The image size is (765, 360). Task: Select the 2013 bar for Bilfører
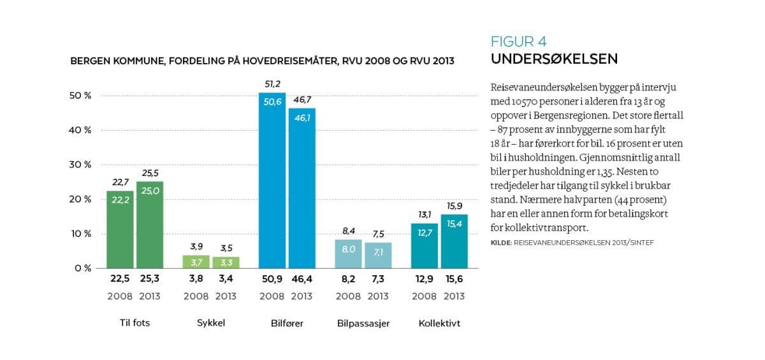(302, 188)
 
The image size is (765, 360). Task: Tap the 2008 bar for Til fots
(120, 229)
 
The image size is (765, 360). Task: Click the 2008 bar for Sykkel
(196, 261)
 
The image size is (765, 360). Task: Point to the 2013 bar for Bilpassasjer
(378, 255)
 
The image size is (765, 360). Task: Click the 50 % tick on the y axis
(80, 96)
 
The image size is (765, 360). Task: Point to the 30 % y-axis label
(80, 164)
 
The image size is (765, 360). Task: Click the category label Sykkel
(210, 323)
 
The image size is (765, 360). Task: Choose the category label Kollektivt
(439, 323)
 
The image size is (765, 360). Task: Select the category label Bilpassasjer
(363, 323)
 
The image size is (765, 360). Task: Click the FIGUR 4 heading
(518, 42)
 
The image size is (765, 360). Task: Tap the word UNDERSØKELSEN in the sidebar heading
(553, 59)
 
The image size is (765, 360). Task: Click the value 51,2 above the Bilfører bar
(272, 83)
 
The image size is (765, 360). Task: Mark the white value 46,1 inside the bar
(302, 117)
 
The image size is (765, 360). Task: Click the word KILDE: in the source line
(501, 243)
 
